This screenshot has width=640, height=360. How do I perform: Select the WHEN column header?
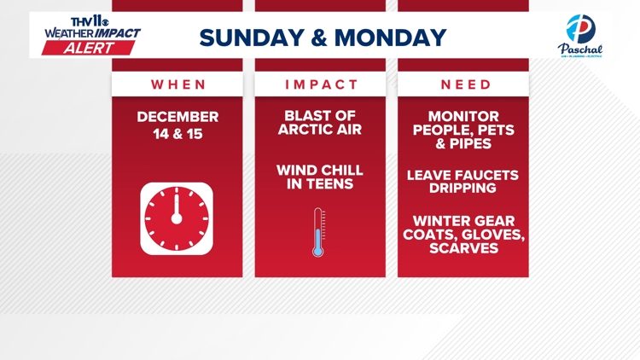178,84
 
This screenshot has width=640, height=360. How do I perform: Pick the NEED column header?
466,84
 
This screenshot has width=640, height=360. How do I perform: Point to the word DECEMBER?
178,117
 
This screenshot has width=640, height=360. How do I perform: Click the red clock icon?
177,218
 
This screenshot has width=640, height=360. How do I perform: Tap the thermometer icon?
319,232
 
